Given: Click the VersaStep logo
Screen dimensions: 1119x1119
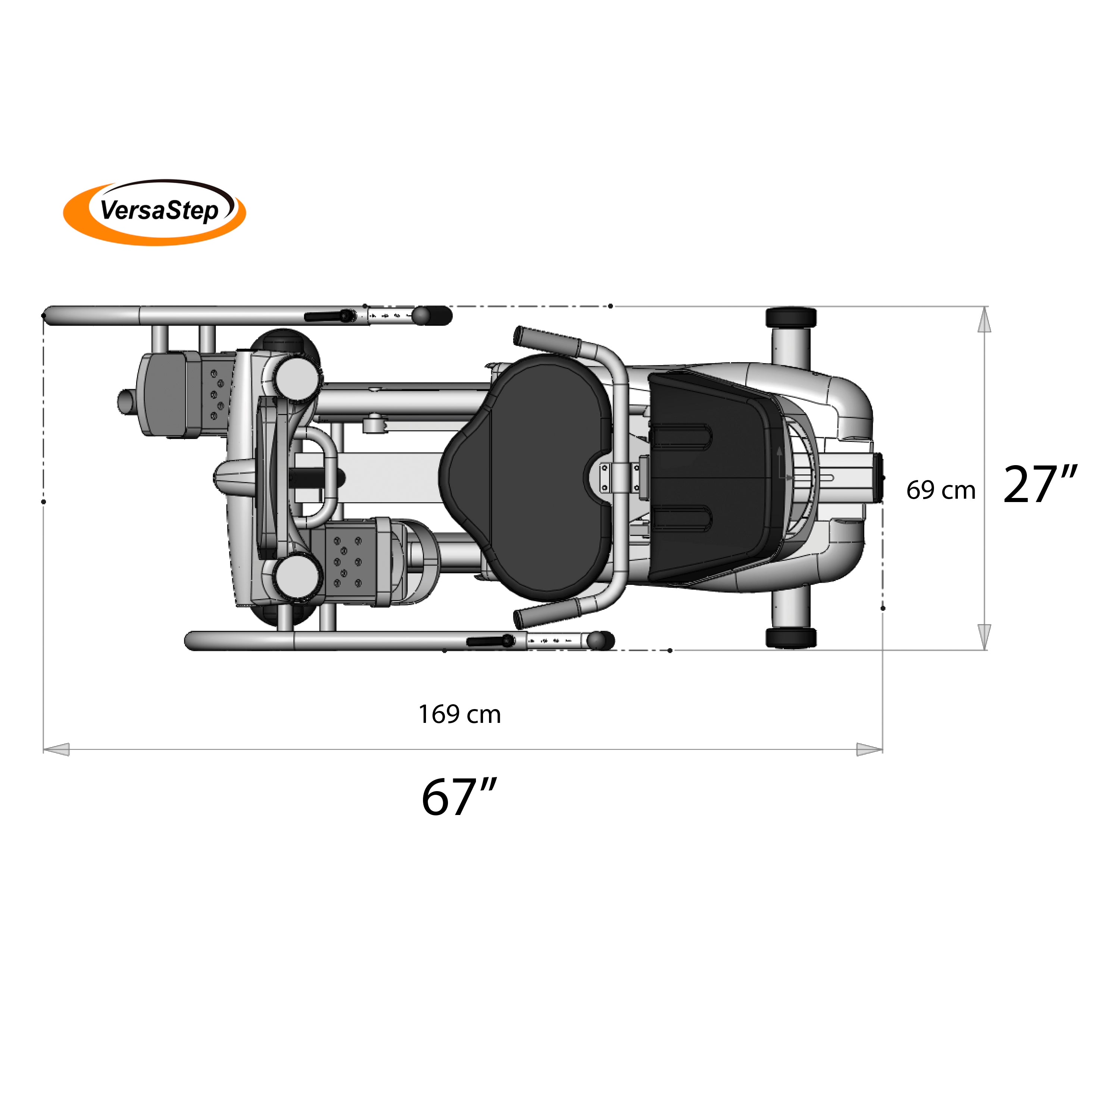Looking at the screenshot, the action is tap(155, 212).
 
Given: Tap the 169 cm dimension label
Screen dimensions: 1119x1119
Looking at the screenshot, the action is tap(459, 715).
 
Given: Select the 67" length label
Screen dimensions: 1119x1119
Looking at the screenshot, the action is tap(459, 797).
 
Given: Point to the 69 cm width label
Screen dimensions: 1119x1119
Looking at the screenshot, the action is tap(941, 490).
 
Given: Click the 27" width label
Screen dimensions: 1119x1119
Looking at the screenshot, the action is tap(1040, 484).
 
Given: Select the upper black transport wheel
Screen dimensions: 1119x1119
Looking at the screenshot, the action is tap(791, 317).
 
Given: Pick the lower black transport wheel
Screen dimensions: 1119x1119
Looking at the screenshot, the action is tap(791, 638).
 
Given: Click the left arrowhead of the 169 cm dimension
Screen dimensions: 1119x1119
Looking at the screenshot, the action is tap(57, 749).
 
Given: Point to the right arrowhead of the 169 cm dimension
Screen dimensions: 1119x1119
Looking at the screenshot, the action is tap(869, 749).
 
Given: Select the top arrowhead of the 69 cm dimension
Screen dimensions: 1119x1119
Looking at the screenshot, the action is tap(984, 320).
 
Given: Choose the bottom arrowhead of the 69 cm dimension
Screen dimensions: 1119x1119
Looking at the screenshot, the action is tap(984, 637).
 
